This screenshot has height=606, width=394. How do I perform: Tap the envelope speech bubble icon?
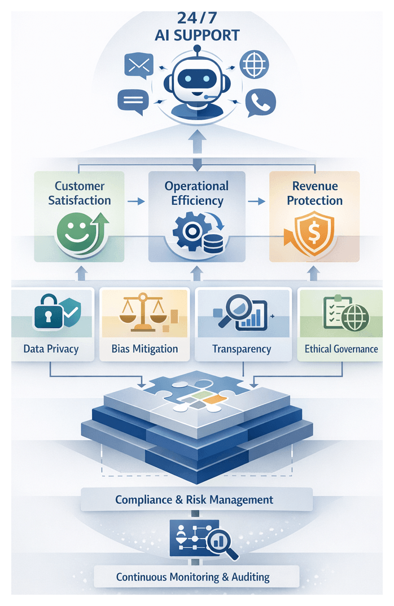[139, 66]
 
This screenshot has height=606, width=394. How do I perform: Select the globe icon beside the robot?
[254, 65]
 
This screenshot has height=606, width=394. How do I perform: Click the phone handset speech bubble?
[260, 102]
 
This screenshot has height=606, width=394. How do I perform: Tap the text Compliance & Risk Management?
[194, 499]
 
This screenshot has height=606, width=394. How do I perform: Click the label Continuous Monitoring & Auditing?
[193, 577]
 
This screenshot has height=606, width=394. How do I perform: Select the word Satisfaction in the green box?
[80, 200]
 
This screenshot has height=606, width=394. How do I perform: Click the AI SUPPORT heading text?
[197, 35]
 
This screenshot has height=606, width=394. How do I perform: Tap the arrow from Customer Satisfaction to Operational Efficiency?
[134, 200]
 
